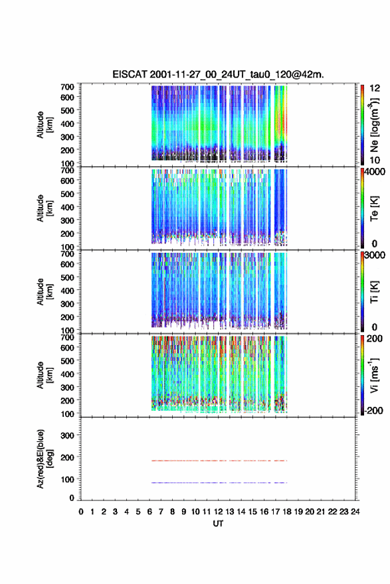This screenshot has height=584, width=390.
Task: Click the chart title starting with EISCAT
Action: tap(218, 74)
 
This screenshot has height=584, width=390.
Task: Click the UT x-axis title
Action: tap(218, 524)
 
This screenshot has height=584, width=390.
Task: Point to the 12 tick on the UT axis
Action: tap(218, 512)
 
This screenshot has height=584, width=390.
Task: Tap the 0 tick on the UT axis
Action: tap(81, 512)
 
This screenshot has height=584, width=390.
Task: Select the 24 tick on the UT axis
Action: tap(355, 512)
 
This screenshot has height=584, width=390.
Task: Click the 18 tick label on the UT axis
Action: tap(287, 512)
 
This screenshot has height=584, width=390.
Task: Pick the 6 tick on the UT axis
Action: tap(149, 512)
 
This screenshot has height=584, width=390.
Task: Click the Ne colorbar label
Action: tap(374, 125)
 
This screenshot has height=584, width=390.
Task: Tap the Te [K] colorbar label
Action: tap(374, 208)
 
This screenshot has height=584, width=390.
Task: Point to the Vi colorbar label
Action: tap(374, 375)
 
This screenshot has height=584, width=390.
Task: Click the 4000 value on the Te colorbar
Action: tap(375, 172)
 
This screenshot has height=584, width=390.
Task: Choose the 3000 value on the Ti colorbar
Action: tap(375, 255)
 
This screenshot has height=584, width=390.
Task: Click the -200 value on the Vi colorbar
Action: tap(373, 410)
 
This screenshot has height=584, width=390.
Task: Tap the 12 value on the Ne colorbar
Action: tap(375, 88)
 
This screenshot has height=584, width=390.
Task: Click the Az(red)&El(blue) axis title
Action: tap(43, 459)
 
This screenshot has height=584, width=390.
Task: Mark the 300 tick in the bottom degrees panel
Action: tap(68, 435)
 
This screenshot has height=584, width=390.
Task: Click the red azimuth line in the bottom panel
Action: tap(219, 461)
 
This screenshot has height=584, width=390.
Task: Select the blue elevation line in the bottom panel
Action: tap(219, 482)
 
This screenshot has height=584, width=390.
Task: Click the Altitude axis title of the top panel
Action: tap(43, 125)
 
